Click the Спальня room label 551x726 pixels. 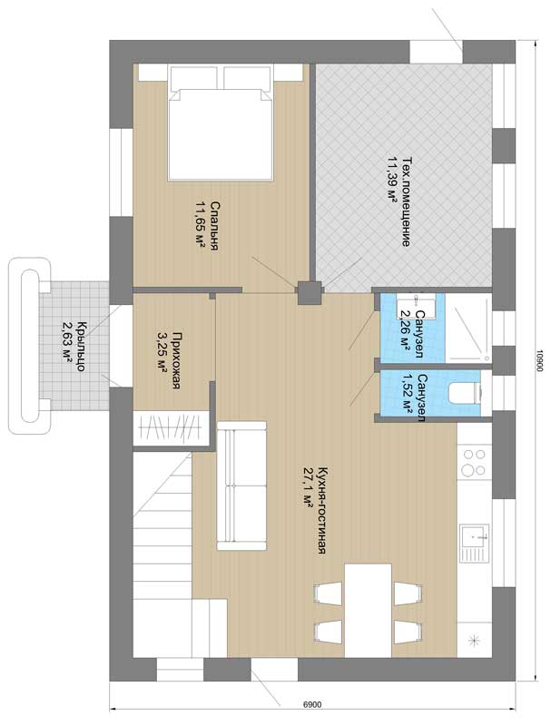pos(214,226)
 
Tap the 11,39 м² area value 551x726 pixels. pos(393,180)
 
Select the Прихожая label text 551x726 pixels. pos(176,360)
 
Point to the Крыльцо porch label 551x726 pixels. pos(80,347)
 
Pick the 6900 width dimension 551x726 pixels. pos(312,705)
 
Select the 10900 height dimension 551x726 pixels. pos(538,360)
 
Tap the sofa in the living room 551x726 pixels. pos(241,486)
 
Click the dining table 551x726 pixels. pos(369,610)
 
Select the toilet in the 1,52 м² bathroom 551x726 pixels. pos(466,393)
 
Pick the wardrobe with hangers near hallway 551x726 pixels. pos(172,428)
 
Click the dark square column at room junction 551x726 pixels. pos(310,293)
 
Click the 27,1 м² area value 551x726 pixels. pos(309,487)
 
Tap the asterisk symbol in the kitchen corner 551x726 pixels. pos(474,642)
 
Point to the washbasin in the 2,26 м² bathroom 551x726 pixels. pos(416,309)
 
